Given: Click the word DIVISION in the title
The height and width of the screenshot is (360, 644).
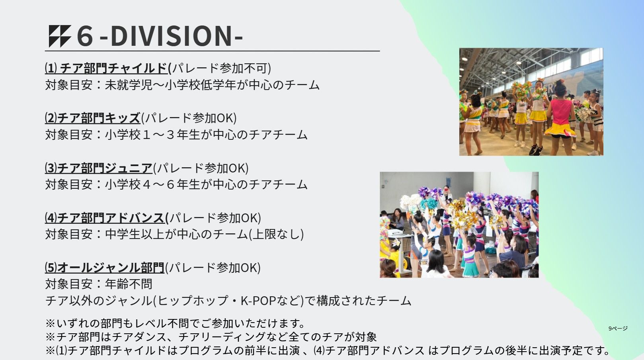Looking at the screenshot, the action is pos(171,36).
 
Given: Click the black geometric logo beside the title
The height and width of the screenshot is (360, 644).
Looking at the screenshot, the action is pos(60,36).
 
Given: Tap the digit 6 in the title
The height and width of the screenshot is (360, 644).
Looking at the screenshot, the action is pos(85,36).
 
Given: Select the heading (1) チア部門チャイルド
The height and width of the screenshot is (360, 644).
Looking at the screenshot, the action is pos(106,68).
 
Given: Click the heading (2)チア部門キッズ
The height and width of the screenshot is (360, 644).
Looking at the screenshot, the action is pos(93,118).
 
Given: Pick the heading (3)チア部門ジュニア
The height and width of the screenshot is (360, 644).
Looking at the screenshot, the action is pos(99,168).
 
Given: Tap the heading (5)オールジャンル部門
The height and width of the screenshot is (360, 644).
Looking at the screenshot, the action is pos(105,268).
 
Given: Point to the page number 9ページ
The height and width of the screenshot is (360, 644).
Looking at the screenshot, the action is pos(618,329).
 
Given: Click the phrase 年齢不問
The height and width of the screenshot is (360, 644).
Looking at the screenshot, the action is pos(129,284).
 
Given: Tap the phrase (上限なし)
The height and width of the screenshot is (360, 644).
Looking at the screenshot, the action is pos(276,234).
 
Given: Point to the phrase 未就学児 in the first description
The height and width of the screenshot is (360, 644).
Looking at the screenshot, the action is pos(129,85).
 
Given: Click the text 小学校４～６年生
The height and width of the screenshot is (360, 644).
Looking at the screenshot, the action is pos(152,184).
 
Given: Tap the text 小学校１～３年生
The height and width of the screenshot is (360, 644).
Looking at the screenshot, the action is pos(152,135).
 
